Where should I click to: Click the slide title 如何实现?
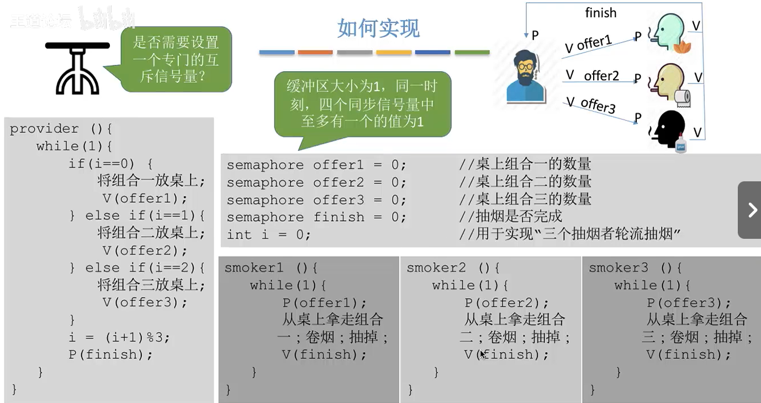[x=378, y=28]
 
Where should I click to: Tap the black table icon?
[x=77, y=67]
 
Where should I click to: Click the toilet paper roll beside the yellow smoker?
[x=683, y=97]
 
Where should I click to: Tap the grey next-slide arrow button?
[x=750, y=210]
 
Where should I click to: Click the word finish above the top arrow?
[x=600, y=13]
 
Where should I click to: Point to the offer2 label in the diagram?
[x=601, y=76]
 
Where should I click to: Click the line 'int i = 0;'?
[x=268, y=234]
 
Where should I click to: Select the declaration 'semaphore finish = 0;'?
[x=316, y=217]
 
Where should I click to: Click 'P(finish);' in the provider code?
[x=110, y=354]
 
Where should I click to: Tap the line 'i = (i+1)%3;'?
[x=119, y=337]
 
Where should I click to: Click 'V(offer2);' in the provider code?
[x=145, y=250]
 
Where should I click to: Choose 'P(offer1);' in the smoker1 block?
[x=324, y=302]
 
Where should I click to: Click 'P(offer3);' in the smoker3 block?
[x=689, y=302]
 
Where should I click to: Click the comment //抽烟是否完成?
[x=510, y=216]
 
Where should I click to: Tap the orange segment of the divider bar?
[x=315, y=53]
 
